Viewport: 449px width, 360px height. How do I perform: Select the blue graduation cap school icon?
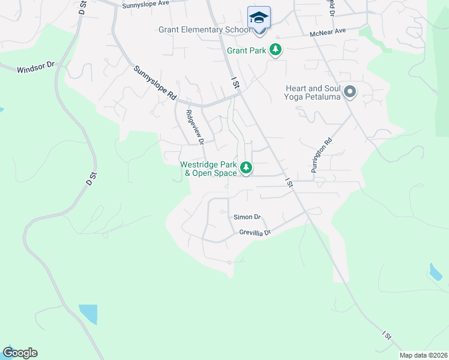tap(259, 17)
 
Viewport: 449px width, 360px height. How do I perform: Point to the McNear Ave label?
tap(328, 32)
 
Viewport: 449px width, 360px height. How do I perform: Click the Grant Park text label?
tap(246, 50)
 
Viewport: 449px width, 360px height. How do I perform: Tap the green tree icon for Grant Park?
tap(276, 50)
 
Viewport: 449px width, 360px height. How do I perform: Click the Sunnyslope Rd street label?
tap(155, 83)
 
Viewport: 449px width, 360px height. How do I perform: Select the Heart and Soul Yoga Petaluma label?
tap(313, 92)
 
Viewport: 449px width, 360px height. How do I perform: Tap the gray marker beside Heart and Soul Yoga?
tap(350, 92)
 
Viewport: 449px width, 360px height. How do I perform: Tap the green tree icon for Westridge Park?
tap(246, 167)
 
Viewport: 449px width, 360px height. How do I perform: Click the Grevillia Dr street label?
tap(256, 232)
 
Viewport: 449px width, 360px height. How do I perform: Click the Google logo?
tap(20, 353)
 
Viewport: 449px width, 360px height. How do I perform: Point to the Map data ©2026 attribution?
tap(423, 355)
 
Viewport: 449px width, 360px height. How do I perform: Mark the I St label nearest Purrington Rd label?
tap(289, 182)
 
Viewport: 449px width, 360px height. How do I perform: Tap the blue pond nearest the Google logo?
tap(88, 314)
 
